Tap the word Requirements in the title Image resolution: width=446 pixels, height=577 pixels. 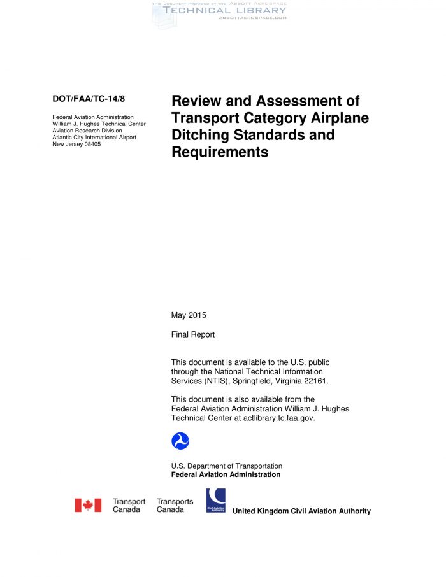tap(220, 152)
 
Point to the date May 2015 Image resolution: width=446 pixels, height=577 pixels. tap(189, 315)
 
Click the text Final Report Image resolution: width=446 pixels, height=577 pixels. tap(193, 334)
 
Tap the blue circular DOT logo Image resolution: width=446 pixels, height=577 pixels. tap(180, 441)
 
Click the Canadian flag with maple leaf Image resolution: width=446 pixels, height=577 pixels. tap(88, 506)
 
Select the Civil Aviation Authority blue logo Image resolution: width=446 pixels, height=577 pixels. tap(215, 501)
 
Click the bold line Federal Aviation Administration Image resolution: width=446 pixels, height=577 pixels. tap(226, 474)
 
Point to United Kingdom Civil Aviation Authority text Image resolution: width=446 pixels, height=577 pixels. tap(301, 511)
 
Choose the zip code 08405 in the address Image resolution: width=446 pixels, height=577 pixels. tap(92, 144)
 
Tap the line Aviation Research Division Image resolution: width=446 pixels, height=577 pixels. tap(87, 131)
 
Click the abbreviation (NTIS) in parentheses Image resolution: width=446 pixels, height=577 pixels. tap(226, 380)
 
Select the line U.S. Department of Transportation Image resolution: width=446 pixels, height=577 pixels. tap(226, 466)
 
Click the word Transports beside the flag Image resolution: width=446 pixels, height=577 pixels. tap(175, 502)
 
